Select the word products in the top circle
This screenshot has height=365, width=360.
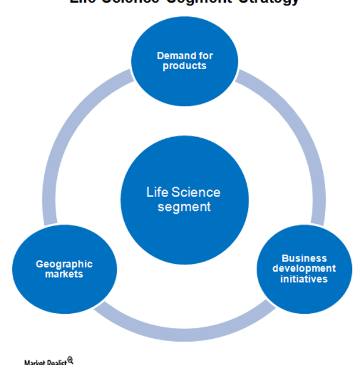coord(185,66)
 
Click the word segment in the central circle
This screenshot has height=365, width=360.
coord(185,207)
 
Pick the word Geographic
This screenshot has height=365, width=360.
coord(64,264)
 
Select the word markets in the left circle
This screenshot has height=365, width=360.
coord(64,274)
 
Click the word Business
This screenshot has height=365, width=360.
coord(304,258)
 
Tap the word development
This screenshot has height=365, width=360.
coord(304,269)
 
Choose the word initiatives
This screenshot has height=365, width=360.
coord(304,279)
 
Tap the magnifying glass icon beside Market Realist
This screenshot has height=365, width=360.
coord(70,360)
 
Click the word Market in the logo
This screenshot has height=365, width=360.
coord(34,362)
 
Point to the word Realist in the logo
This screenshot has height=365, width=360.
coord(56,362)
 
